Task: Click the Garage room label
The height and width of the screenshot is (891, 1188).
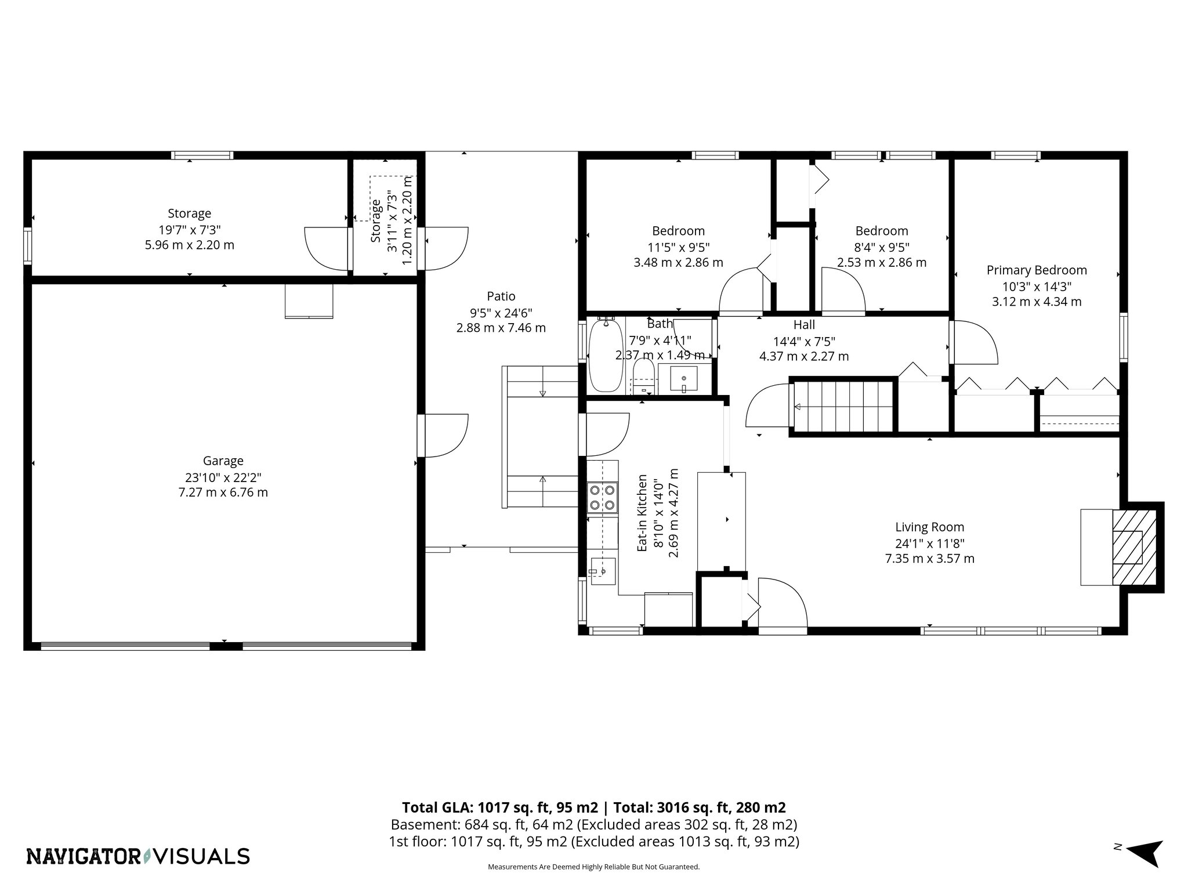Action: [x=223, y=461]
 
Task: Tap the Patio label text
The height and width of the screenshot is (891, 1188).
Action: [x=501, y=296]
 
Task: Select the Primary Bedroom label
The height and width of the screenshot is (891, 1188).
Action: [x=1037, y=270]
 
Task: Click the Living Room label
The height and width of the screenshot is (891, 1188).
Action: [x=929, y=527]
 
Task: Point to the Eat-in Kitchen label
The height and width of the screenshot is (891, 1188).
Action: [x=642, y=513]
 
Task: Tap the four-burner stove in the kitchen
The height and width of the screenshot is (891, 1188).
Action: [x=602, y=498]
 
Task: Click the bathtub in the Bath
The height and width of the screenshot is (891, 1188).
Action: [x=606, y=355]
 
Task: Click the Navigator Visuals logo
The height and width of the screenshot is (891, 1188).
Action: [x=138, y=856]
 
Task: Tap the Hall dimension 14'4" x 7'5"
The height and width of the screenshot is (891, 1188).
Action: [x=804, y=342]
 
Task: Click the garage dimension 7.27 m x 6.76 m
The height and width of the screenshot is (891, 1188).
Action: [x=223, y=493]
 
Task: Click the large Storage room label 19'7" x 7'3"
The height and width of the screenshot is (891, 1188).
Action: [x=189, y=229]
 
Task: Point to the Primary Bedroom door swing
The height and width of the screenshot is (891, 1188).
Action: [x=975, y=342]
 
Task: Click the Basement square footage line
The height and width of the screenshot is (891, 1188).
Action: [x=593, y=824]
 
